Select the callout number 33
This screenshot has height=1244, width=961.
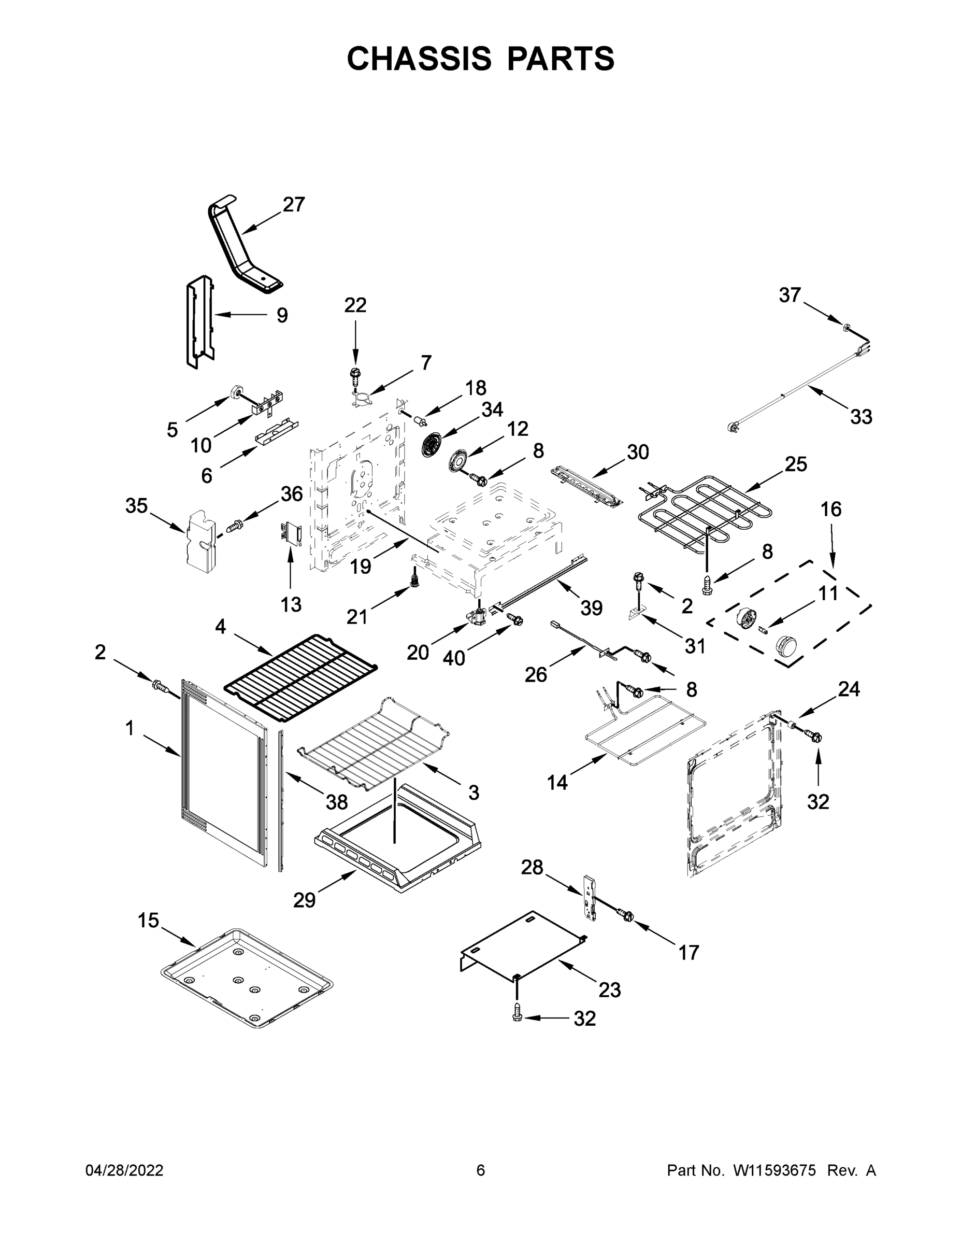pos(861,417)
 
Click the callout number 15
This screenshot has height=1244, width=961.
pos(149,921)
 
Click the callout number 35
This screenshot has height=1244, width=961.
pos(137,505)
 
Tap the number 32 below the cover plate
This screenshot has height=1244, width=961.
pos(584,1019)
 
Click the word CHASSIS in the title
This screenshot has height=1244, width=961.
pos(419,58)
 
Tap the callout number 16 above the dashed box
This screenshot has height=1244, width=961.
pos(831,508)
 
